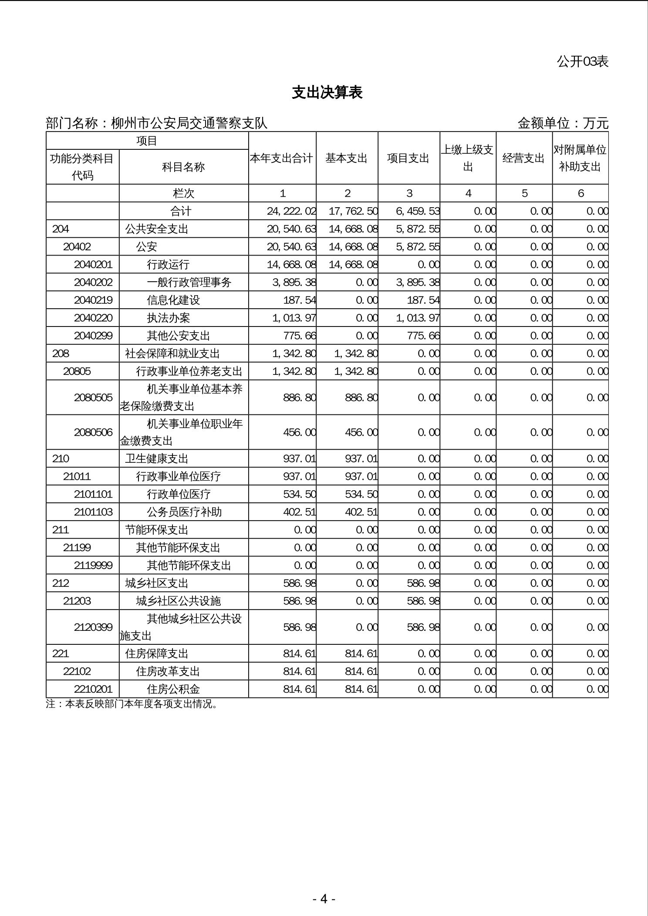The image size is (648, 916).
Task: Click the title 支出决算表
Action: point(327,93)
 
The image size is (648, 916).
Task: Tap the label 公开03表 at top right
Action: point(582,62)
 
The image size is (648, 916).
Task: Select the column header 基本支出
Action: point(347,158)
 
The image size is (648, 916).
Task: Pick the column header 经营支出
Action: point(524,158)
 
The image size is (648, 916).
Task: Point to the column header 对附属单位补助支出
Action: point(580,158)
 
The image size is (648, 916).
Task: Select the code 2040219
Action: point(93,300)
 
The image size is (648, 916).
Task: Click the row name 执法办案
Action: point(169,318)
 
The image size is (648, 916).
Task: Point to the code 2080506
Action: point(93,432)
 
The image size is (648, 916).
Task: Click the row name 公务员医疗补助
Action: point(184,512)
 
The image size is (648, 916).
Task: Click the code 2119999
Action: point(93,565)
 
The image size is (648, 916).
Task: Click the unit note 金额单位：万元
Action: point(563,124)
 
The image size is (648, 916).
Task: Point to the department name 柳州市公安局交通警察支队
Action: point(189,124)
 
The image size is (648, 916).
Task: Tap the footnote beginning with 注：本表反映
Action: point(132,704)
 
